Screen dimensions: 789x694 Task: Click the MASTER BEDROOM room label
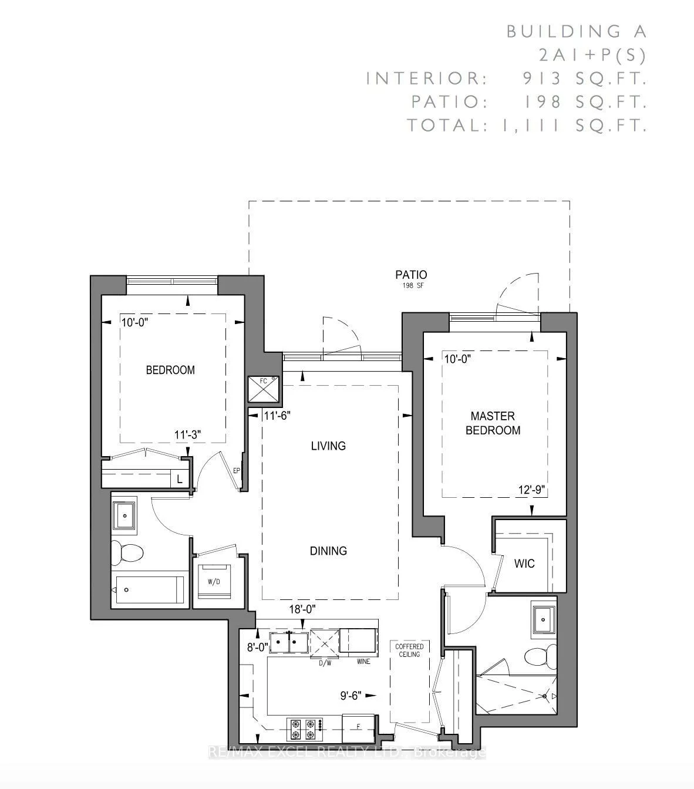click(493, 423)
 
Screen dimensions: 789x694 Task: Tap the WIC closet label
click(524, 564)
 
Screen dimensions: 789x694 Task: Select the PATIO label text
click(411, 275)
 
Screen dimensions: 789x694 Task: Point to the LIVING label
click(328, 446)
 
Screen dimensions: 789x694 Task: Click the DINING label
click(328, 551)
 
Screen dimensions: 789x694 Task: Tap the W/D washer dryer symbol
click(214, 581)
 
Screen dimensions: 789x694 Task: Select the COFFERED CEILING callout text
click(410, 650)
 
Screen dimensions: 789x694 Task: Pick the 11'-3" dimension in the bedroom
click(188, 435)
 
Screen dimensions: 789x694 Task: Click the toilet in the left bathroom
click(128, 552)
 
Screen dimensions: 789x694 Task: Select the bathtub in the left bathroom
click(150, 589)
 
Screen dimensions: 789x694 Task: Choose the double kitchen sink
click(288, 642)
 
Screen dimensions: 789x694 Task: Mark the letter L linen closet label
click(180, 479)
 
